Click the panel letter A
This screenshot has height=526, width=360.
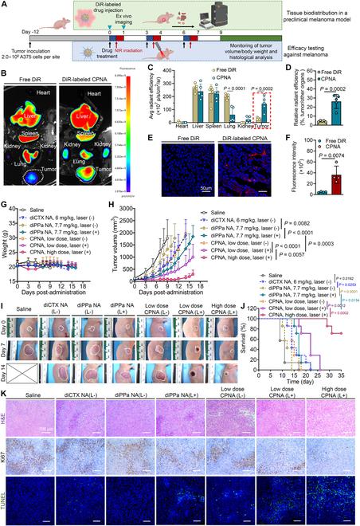point(6,5)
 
